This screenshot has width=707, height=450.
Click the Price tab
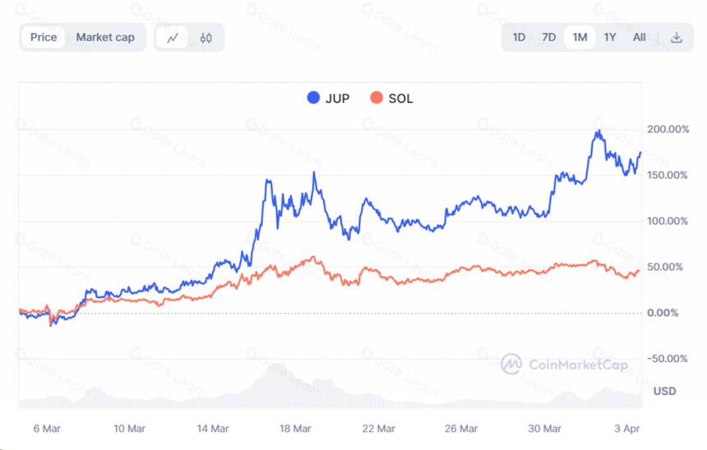tap(44, 38)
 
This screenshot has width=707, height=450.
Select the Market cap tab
tap(105, 38)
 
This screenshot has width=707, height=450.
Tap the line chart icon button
tap(173, 38)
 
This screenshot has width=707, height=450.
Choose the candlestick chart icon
tap(206, 38)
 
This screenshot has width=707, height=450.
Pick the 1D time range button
tap(519, 38)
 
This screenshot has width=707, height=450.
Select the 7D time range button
tap(548, 38)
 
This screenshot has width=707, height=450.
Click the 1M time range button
tap(580, 38)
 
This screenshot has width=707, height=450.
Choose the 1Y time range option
tap(610, 38)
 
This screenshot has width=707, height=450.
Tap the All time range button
tap(640, 38)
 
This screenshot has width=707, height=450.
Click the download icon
tap(677, 38)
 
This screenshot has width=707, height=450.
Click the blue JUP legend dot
tap(313, 98)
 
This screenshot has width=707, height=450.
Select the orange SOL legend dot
tap(377, 98)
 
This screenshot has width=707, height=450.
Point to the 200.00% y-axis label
tap(668, 129)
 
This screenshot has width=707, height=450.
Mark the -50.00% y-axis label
tap(668, 359)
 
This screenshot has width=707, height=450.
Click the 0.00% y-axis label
tap(663, 313)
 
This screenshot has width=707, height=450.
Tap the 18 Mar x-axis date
tap(295, 429)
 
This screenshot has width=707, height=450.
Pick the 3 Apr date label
tap(627, 429)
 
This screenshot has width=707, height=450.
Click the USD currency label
tap(664, 391)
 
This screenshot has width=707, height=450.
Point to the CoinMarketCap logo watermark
tap(564, 364)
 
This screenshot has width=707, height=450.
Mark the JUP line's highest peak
tap(598, 131)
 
